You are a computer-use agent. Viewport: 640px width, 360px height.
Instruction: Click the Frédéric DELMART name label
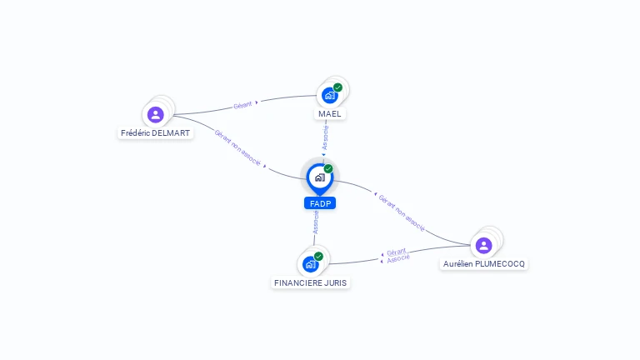pos(156,132)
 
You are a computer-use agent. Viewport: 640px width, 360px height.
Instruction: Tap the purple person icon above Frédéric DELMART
pos(155,115)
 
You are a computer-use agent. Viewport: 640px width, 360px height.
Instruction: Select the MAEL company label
pos(329,113)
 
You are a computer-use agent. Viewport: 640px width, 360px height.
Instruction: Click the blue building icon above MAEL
pos(329,96)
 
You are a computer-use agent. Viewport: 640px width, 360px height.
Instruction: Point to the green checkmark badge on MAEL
pos(337,87)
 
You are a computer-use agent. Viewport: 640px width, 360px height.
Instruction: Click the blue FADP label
pos(319,202)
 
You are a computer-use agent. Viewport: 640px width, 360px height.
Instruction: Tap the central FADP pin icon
pos(319,177)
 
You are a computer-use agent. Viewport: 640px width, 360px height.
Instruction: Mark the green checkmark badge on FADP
pos(328,168)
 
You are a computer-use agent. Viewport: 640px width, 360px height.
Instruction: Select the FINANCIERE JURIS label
pos(311,282)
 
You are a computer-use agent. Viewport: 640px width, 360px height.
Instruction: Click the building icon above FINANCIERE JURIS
pos(310,264)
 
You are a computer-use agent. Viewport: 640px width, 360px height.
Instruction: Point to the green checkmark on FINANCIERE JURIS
pos(318,256)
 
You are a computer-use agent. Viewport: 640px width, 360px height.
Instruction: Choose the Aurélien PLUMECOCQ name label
pos(484,263)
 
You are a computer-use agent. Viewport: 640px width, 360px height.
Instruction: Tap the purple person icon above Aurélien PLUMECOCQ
pos(483,245)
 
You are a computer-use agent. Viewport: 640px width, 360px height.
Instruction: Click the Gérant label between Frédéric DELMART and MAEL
pos(242,105)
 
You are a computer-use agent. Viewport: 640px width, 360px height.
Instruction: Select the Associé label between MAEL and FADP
pos(326,137)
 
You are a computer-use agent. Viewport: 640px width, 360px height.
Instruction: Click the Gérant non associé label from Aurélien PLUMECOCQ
pos(402,213)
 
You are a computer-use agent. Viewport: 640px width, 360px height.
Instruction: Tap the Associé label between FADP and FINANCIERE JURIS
pos(316,221)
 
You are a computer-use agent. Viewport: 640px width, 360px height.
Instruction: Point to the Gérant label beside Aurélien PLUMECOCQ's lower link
pos(397,251)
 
